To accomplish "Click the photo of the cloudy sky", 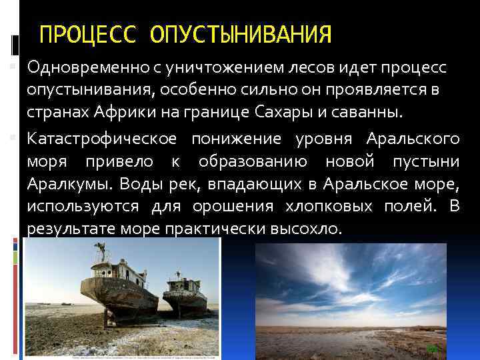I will coord(350,287).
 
